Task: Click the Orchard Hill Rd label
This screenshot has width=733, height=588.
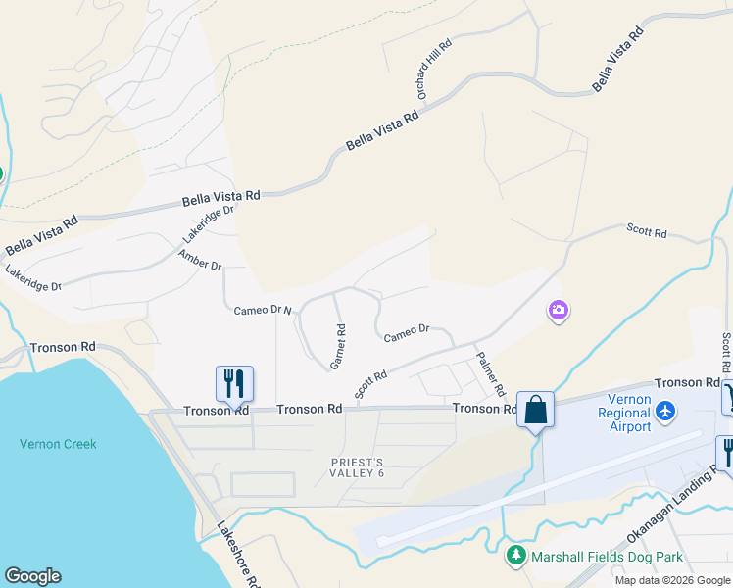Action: pos(434,69)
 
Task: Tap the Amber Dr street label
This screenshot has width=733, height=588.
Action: pos(200,260)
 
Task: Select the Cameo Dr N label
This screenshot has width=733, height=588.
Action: pos(263,311)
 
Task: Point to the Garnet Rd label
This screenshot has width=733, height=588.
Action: pos(339,346)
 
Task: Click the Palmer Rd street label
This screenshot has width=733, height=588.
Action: pos(490,373)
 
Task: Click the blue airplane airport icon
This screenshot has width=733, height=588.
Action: pos(666,409)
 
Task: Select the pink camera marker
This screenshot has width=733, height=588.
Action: pos(559,311)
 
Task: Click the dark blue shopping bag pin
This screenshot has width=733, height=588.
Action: pos(536,409)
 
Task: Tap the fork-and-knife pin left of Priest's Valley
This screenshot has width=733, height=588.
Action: pos(234,382)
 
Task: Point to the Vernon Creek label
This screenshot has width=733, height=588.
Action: pos(58,444)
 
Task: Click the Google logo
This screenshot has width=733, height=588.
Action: pos(33,575)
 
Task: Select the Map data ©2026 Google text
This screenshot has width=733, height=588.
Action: pos(672,580)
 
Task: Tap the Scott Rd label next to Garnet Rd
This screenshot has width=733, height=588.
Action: pos(371,383)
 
